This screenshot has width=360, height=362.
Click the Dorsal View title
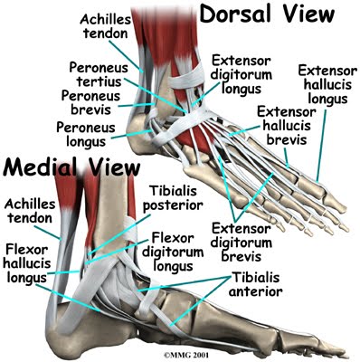pos(267,14)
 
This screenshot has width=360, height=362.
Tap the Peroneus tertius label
pos(99,74)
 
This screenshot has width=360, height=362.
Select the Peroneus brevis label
pos(90,102)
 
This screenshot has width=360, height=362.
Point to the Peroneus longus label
pos(86,134)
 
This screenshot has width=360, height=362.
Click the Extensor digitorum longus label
pos(241,74)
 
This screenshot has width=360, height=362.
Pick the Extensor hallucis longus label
pos(327,85)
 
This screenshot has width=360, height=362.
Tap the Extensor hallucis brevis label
pos(286,126)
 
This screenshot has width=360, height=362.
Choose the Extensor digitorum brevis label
pos(241,243)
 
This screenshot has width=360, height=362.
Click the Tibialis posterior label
pos(173,198)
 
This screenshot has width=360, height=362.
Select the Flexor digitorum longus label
pos(173,252)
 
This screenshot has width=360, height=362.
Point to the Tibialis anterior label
pos(256,284)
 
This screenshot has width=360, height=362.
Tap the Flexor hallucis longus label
pos(27,264)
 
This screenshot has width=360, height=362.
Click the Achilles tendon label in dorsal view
pos(105,26)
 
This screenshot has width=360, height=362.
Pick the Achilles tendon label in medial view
pos(30,211)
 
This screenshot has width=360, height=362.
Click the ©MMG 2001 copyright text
pos(186,355)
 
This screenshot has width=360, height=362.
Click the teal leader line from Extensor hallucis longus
pos(321,146)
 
